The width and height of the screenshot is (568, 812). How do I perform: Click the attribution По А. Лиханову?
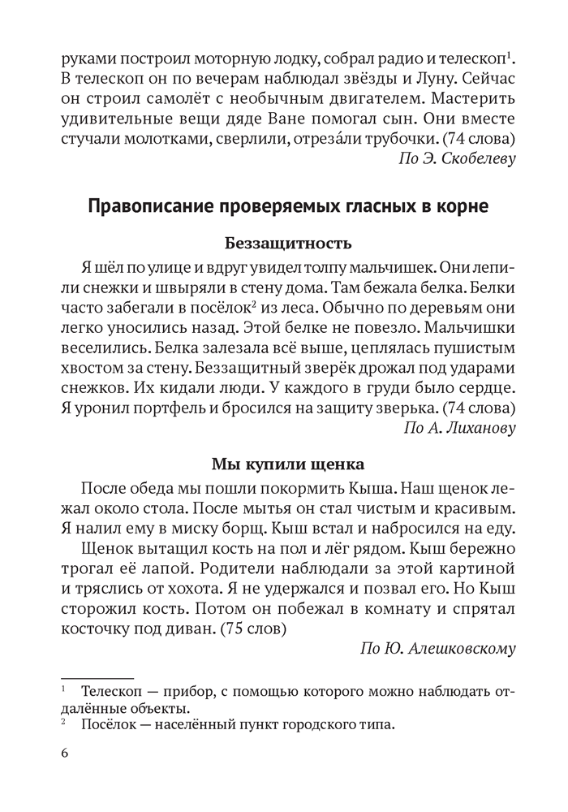coord(459,427)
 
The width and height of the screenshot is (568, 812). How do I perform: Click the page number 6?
coord(65,752)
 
